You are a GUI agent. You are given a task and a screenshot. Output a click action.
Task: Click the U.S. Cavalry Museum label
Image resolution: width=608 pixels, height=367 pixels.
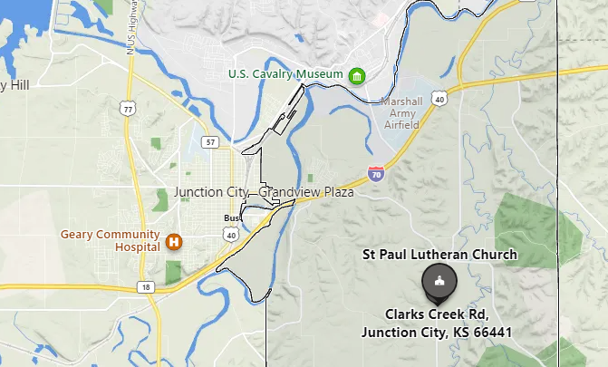click(x=285, y=73)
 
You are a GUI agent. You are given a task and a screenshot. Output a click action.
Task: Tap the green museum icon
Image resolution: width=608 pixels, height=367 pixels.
click(x=358, y=73)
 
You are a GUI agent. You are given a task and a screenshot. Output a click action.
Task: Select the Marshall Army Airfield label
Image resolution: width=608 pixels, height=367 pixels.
click(x=401, y=112)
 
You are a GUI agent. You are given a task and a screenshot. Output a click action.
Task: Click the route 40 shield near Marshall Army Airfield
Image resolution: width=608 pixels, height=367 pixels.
click(x=439, y=97)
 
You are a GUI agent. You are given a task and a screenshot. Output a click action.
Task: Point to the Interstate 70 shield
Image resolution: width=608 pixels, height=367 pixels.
click(x=375, y=169)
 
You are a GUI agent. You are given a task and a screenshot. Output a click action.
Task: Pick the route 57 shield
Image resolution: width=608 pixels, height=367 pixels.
click(x=210, y=142)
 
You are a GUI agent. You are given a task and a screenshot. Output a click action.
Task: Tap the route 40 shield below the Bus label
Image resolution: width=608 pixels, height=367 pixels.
click(x=231, y=236)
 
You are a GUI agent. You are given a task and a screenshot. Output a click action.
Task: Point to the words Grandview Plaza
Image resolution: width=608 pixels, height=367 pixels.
click(x=309, y=192)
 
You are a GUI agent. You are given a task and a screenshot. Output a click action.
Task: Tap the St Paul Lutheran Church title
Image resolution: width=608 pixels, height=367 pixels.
click(x=439, y=254)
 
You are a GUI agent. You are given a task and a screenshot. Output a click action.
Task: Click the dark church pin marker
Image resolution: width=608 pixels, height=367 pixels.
click(x=439, y=283)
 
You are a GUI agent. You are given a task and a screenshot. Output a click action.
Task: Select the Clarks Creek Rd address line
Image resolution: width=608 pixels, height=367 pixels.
click(x=437, y=314)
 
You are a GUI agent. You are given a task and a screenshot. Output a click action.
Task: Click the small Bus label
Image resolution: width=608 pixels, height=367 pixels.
click(x=233, y=218)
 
